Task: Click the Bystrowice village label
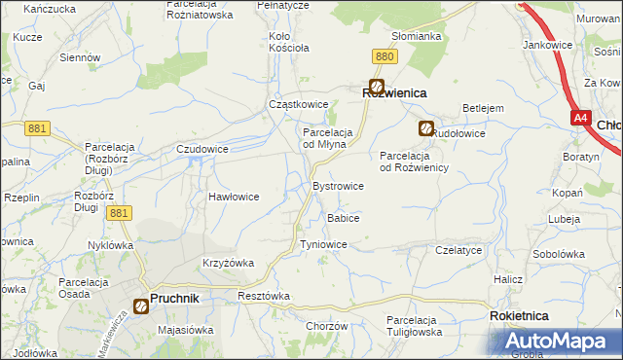[x=337, y=186]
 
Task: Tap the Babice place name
[x=344, y=218]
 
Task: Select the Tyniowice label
[x=323, y=244]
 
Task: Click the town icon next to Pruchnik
[x=140, y=306]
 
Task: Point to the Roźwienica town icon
[x=376, y=87]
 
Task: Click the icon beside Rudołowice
[x=426, y=127]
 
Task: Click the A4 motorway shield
[x=581, y=118]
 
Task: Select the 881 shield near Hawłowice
[x=119, y=213]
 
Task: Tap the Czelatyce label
[x=459, y=250]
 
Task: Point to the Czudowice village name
[x=202, y=149]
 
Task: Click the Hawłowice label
[x=234, y=197]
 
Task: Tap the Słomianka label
[x=416, y=36]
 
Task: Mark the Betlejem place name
[x=482, y=107]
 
